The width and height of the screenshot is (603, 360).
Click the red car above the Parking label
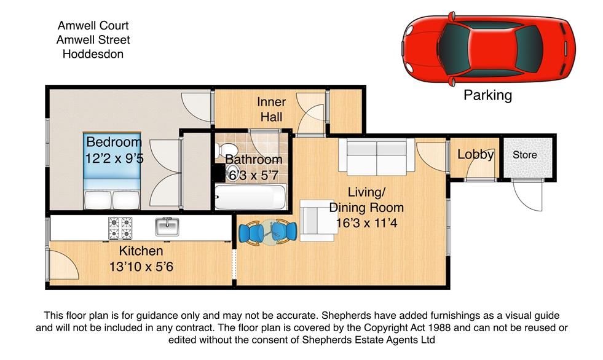[489, 49]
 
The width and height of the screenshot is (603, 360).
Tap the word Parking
[487, 95]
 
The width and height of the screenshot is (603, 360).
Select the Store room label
[524, 155]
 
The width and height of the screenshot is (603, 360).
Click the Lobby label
[475, 154]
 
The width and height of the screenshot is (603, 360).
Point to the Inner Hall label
[272, 109]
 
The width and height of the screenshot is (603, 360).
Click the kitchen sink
[167, 227]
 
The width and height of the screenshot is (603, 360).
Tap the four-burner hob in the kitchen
[120, 228]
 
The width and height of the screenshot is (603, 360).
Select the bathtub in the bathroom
[250, 197]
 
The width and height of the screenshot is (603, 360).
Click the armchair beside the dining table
[317, 221]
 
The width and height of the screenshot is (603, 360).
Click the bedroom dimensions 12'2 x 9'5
[114, 158]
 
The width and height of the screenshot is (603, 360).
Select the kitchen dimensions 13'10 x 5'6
[141, 266]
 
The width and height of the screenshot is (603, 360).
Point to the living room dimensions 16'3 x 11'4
[366, 223]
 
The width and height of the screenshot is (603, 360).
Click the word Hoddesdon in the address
[93, 54]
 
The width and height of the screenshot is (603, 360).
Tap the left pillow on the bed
[98, 200]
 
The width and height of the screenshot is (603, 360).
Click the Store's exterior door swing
[527, 195]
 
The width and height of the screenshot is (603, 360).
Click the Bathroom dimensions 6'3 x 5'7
[253, 176]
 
